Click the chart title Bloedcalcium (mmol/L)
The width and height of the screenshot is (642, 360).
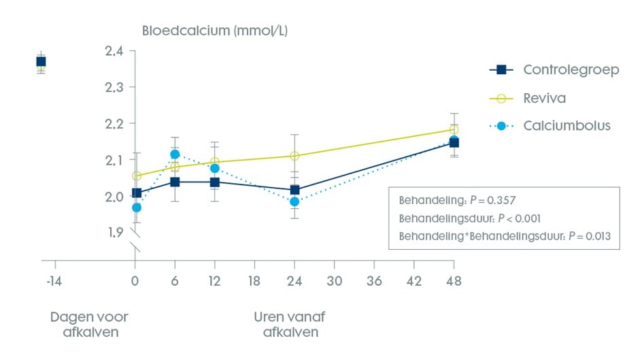click(216, 31)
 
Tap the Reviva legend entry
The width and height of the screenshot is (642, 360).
click(544, 99)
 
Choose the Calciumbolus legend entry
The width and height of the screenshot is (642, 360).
click(567, 126)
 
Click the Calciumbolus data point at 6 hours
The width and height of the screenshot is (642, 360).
click(175, 154)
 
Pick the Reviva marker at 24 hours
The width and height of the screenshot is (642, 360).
click(294, 156)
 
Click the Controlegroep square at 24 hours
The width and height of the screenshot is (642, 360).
click(294, 190)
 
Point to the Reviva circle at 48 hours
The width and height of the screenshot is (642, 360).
click(454, 129)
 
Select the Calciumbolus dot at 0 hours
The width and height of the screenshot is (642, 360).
click(136, 208)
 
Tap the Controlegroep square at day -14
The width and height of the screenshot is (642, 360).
click(41, 62)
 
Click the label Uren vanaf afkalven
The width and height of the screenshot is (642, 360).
click(286, 325)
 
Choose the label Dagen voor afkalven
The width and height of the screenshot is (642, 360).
click(89, 325)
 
